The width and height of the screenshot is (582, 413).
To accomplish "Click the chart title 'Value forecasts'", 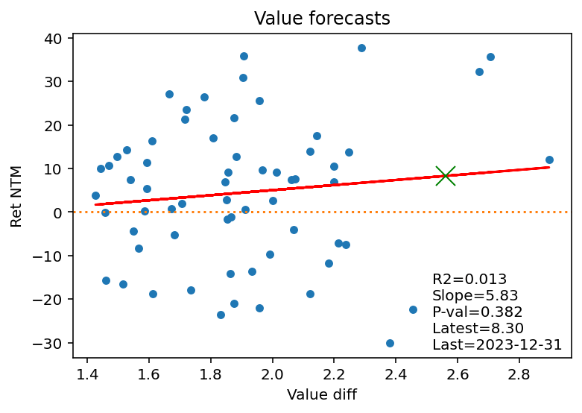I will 322,19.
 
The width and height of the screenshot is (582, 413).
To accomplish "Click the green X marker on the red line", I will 446,176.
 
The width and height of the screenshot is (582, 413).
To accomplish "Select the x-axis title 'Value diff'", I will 322,395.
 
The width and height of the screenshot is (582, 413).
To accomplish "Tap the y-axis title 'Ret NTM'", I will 16,197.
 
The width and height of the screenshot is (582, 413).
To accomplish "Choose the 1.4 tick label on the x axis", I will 87,374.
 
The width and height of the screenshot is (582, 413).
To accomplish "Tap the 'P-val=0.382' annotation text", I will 478,312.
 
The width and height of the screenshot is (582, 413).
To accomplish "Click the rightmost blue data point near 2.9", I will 549,160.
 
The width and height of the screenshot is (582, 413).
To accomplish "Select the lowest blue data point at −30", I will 390,343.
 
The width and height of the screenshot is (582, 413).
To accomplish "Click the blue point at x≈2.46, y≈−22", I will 413,309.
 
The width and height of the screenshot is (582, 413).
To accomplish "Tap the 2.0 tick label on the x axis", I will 272,374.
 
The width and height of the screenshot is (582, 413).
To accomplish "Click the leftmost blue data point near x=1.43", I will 95,195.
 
